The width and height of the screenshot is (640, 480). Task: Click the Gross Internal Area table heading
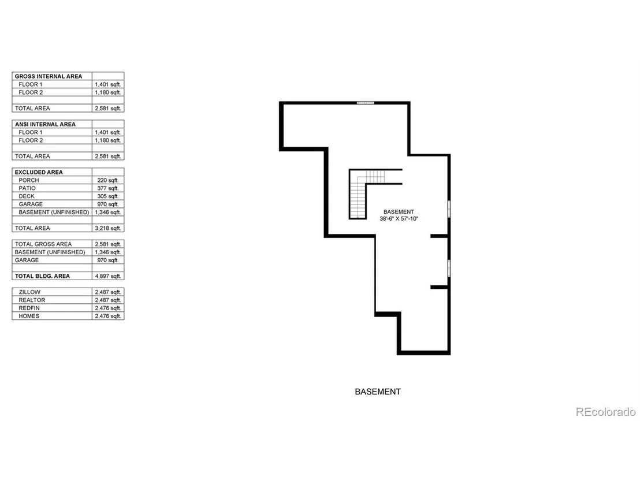48,76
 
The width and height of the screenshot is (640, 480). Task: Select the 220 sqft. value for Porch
108,180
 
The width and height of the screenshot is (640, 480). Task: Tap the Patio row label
27,188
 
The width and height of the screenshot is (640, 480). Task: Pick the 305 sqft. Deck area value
108,196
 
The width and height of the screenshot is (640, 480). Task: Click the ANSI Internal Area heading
45,124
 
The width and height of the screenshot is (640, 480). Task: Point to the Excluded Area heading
39,172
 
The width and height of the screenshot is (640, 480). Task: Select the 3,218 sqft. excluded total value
108,228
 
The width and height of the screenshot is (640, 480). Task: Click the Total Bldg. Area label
42,276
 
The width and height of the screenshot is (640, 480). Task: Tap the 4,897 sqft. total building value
108,276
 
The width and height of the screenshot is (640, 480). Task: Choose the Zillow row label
29,292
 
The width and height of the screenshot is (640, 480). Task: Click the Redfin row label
29,308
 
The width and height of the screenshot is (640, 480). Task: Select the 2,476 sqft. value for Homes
108,316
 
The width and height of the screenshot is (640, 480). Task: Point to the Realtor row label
32,300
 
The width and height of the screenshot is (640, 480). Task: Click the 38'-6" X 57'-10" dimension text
399,218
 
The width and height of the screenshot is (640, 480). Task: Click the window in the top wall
365,103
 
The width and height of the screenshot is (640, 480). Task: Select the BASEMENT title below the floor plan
378,392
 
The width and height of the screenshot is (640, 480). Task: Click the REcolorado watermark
606,412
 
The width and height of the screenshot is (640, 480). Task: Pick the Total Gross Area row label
43,244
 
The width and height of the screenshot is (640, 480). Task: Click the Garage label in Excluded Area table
31,204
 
